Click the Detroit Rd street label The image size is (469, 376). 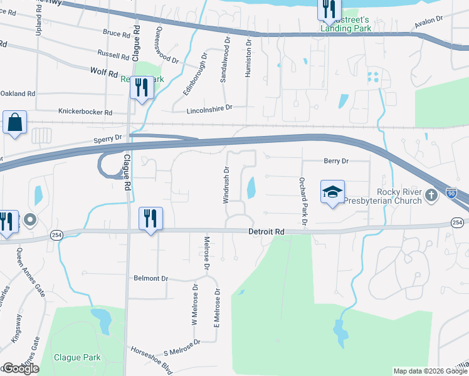click(x=267, y=232)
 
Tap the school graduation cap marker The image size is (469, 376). click(x=333, y=192)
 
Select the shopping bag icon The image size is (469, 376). click(x=14, y=122)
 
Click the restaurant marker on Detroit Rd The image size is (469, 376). click(x=150, y=219)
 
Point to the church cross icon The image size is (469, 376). click(x=431, y=196)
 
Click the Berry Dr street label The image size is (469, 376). click(x=336, y=161)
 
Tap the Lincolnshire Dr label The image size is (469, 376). click(x=209, y=109)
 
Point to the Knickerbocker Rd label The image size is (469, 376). click(x=85, y=112)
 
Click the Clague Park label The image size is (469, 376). click(x=77, y=357)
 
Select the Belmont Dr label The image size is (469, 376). click(x=151, y=278)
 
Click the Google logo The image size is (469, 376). click(x=21, y=368)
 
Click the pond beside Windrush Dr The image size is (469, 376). click(x=251, y=187)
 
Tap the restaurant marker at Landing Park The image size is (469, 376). click(x=329, y=9)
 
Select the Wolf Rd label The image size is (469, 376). click(x=104, y=73)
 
